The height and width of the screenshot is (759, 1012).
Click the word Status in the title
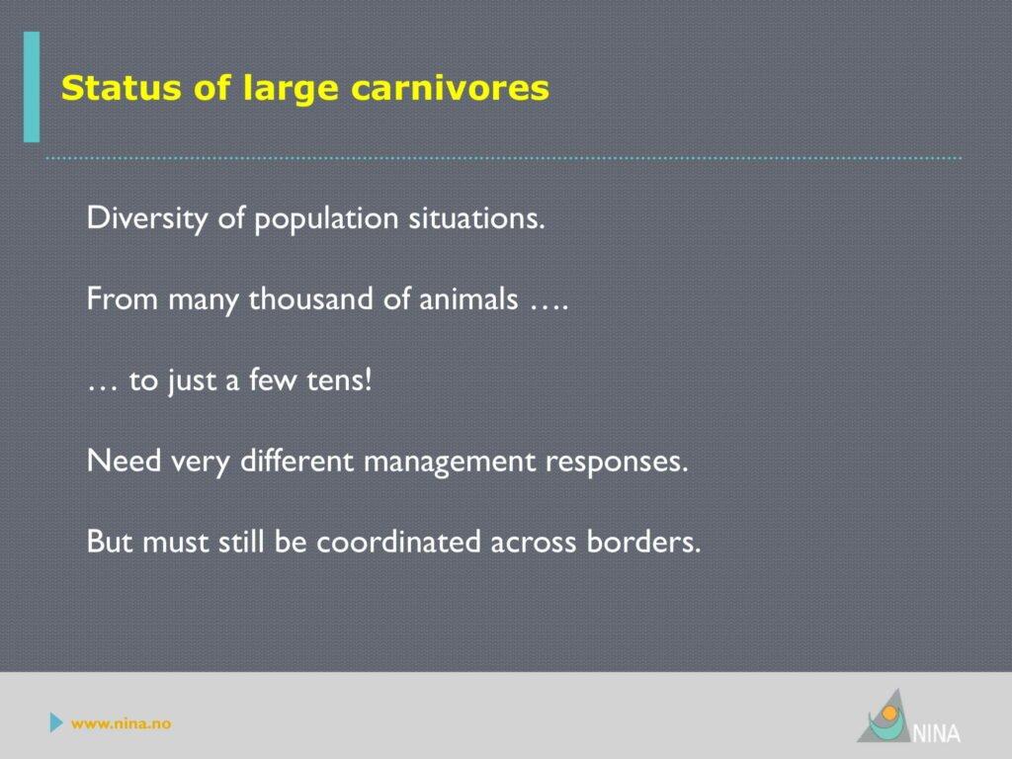[121, 88]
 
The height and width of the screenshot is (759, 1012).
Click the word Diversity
[147, 218]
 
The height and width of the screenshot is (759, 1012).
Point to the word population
[326, 218]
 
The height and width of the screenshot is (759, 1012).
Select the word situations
[477, 217]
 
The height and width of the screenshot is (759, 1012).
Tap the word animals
[468, 298]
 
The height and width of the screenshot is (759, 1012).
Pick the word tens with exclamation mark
[340, 379]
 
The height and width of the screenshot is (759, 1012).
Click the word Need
[124, 461]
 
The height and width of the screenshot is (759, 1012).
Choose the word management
[450, 463]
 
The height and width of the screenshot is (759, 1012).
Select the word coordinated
[398, 541]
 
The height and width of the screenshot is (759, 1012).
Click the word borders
[643, 541]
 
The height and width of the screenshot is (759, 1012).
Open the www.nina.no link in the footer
[122, 723]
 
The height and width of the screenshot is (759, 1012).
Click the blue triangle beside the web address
[56, 722]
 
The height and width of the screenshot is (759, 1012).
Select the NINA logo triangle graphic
[885, 717]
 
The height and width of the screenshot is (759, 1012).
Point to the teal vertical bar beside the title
[32, 87]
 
